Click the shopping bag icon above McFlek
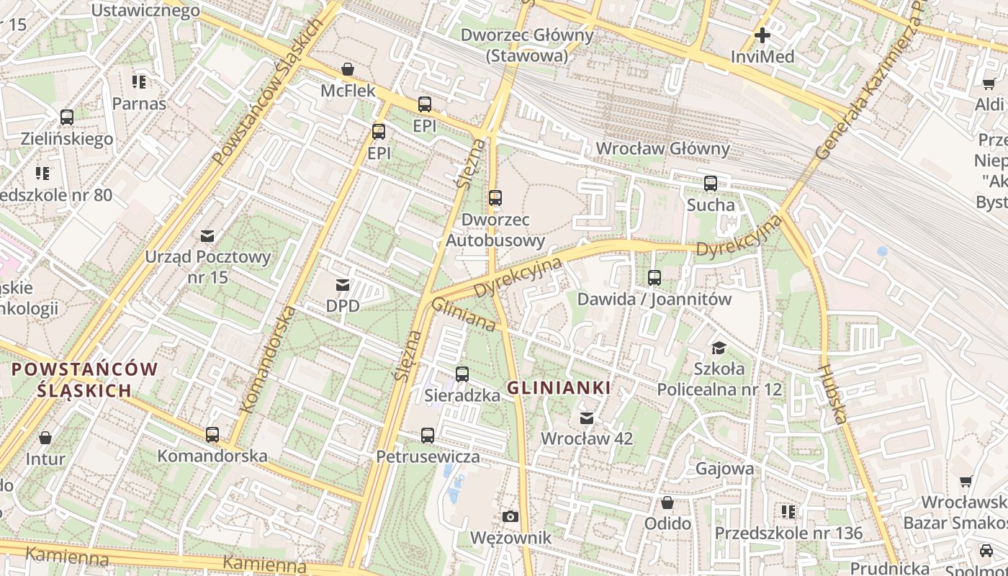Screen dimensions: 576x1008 348,69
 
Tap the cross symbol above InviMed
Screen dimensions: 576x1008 762,35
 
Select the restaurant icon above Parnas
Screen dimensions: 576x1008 139,81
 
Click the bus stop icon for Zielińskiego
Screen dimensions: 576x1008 67,117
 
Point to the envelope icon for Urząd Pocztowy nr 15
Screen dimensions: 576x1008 207,235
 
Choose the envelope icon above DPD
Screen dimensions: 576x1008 343,285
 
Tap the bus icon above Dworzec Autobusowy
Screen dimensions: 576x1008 495,198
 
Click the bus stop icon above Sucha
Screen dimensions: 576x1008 711,184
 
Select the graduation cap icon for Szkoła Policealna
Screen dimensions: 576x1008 719,348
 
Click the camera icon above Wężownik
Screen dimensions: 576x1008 510,516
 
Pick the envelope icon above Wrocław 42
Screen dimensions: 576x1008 587,418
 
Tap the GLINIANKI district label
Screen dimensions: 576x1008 559,388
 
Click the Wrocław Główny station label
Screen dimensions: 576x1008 662,149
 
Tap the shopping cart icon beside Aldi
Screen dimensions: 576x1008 989,84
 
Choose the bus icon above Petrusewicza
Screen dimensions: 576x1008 428,436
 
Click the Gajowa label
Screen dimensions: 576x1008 724,469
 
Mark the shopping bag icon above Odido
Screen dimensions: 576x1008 667,502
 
